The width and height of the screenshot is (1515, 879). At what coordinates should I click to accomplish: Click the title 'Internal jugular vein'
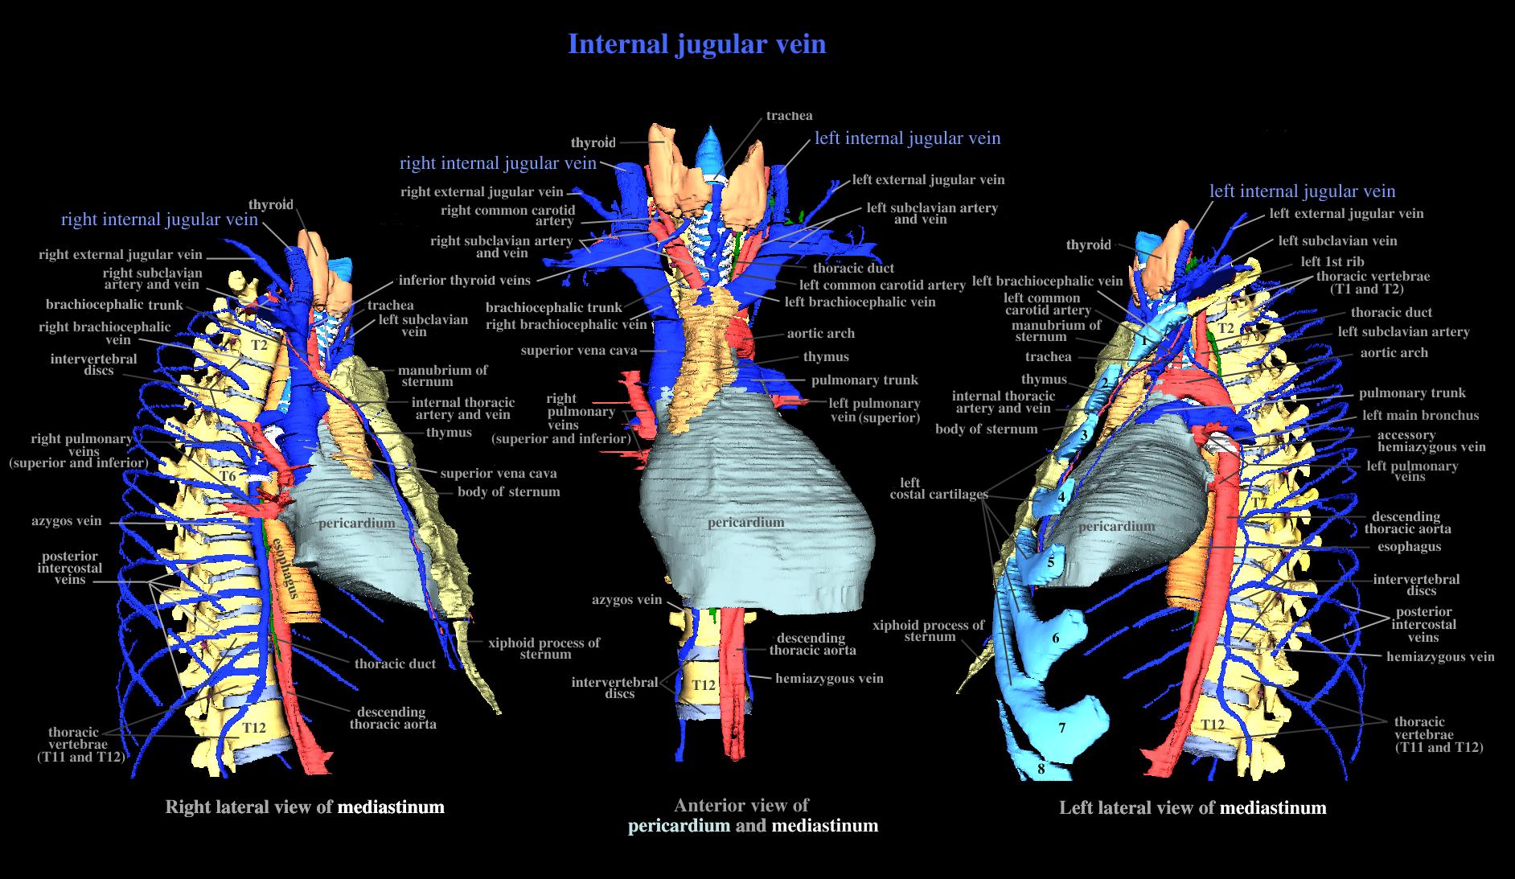(x=696, y=43)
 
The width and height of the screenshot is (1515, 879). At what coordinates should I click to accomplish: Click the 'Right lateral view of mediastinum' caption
(x=304, y=807)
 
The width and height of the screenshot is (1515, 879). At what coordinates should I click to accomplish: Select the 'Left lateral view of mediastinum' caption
(x=1193, y=807)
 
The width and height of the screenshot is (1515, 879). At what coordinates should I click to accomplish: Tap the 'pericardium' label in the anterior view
(x=745, y=522)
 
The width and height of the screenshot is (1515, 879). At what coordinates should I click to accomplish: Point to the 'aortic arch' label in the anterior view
(x=820, y=333)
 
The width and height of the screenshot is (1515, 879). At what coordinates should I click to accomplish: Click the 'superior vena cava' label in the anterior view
(x=578, y=351)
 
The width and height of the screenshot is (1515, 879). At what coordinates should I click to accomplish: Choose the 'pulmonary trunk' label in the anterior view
(x=864, y=380)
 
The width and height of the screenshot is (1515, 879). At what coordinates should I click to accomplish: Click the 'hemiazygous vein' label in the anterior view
(x=829, y=678)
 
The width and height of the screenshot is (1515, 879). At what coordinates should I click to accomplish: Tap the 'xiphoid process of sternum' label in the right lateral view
(x=544, y=648)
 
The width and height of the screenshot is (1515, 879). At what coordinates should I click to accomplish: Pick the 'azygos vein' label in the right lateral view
(x=67, y=520)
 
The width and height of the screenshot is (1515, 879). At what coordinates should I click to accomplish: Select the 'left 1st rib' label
(x=1332, y=261)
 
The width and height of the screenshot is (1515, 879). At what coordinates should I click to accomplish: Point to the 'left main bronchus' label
(x=1420, y=415)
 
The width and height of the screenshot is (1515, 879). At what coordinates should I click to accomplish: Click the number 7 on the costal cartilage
(x=1061, y=728)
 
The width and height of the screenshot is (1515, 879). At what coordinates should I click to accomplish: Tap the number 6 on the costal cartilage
(x=1056, y=639)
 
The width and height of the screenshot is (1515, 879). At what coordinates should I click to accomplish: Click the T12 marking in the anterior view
(x=704, y=684)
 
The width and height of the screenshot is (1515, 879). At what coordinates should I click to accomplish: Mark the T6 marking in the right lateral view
(x=228, y=476)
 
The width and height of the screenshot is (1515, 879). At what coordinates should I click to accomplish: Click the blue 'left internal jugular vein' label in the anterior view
(x=907, y=138)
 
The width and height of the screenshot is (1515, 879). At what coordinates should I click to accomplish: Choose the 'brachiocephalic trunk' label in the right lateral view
(x=114, y=305)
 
